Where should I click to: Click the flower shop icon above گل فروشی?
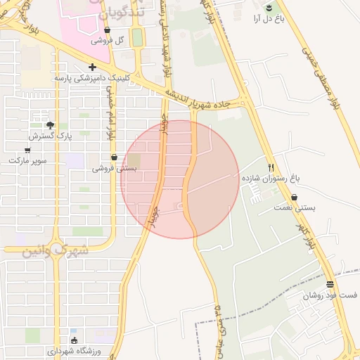point(107,30)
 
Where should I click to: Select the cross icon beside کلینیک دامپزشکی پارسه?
point(92,67)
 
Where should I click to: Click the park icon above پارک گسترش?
point(46,125)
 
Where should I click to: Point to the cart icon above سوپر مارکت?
point(27,150)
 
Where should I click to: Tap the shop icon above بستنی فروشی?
point(114,157)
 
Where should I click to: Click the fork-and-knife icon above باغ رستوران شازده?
point(271,167)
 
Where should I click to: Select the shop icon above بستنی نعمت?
point(294,198)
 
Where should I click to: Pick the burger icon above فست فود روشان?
point(330,285)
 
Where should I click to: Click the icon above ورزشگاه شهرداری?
point(75,340)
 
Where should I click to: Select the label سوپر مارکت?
point(27,160)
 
